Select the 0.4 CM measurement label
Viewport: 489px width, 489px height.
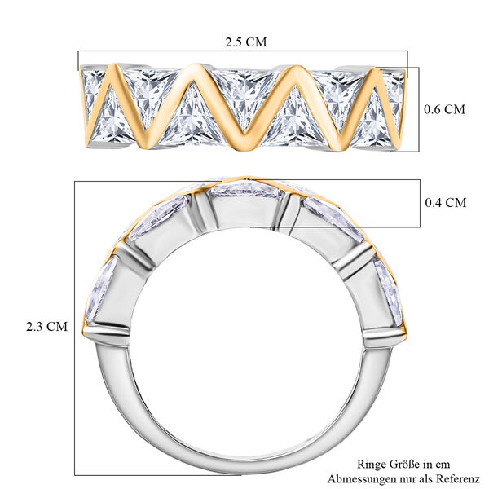[x=445, y=202]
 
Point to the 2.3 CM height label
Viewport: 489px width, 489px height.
[x=46, y=326]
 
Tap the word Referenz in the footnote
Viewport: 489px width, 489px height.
[x=458, y=478]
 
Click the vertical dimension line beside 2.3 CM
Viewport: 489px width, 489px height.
[x=75, y=326]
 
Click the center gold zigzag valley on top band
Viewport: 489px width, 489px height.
[x=242, y=147]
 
